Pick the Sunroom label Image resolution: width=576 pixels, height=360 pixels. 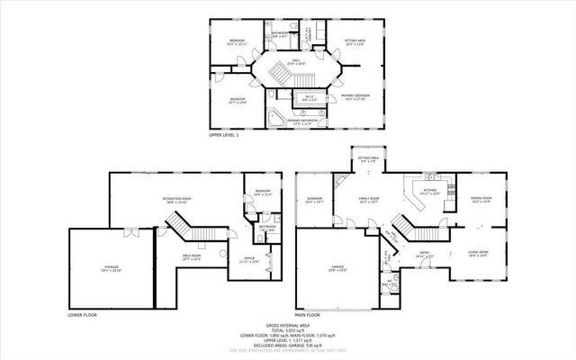[314, 200]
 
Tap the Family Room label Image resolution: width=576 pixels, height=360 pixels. [370, 201]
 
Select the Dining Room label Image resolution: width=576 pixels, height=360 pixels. [481, 199]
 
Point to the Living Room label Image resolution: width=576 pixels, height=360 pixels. [478, 253]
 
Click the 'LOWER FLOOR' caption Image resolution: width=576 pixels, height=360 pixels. [82, 315]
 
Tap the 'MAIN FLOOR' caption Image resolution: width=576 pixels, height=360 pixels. [308, 315]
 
